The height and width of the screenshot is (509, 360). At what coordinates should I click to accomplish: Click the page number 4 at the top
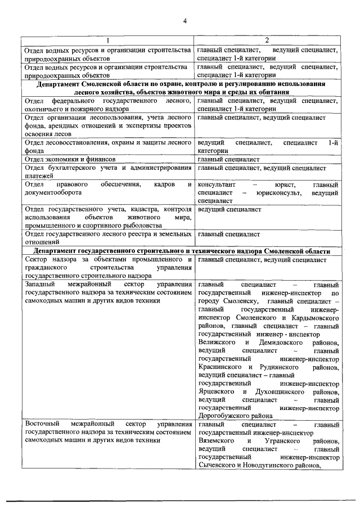tap(184, 21)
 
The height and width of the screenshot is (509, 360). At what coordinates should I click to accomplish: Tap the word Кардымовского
tap(309, 318)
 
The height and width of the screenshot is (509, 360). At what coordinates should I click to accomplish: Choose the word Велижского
tap(217, 343)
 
